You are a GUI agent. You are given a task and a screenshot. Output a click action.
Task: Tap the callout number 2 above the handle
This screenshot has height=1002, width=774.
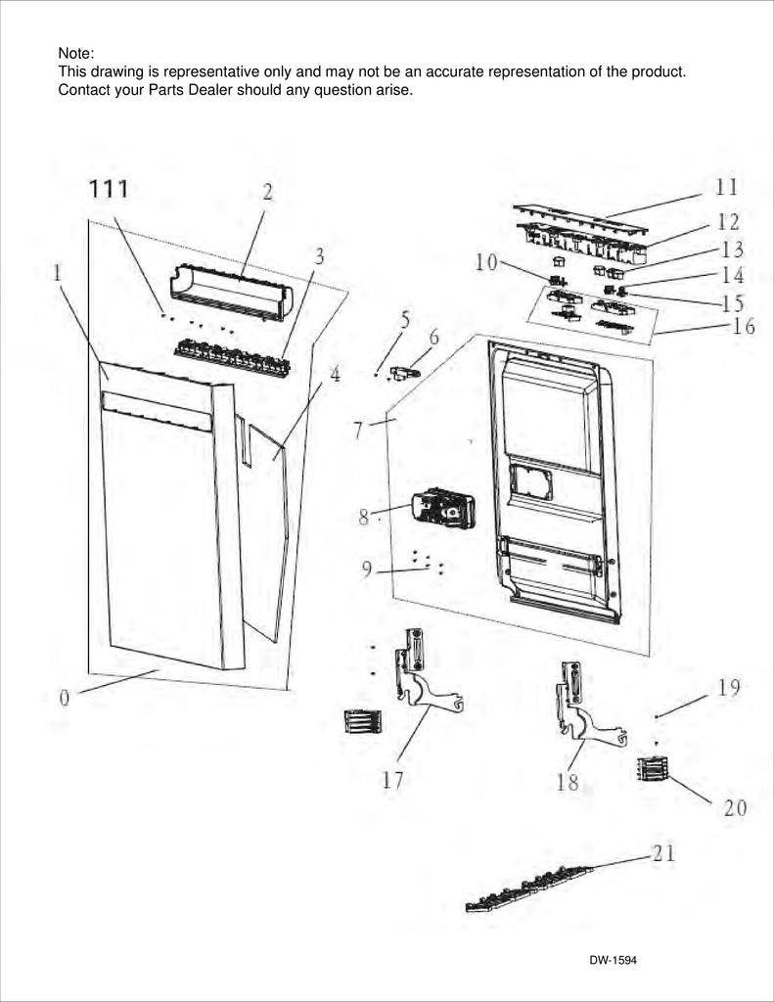coord(267,193)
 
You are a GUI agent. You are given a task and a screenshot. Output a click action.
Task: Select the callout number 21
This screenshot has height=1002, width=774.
coord(663,853)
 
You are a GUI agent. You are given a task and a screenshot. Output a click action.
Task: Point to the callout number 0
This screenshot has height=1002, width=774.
coord(64,698)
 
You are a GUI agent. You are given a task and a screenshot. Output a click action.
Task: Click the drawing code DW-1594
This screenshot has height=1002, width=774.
coord(613,960)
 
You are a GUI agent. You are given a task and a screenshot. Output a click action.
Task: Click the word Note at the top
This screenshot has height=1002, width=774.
coord(75,53)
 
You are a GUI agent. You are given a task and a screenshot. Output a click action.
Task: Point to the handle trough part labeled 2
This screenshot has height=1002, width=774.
coord(233,292)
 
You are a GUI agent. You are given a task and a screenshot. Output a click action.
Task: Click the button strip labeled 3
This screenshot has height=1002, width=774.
coord(232,357)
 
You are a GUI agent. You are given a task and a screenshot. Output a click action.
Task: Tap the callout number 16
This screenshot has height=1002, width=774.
coord(744,326)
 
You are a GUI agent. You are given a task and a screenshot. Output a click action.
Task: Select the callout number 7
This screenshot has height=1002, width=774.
coord(359,429)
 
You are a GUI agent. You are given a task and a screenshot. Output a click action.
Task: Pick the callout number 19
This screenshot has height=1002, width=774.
coord(728,688)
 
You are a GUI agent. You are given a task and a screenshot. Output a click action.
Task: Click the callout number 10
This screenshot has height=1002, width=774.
coord(486,261)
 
